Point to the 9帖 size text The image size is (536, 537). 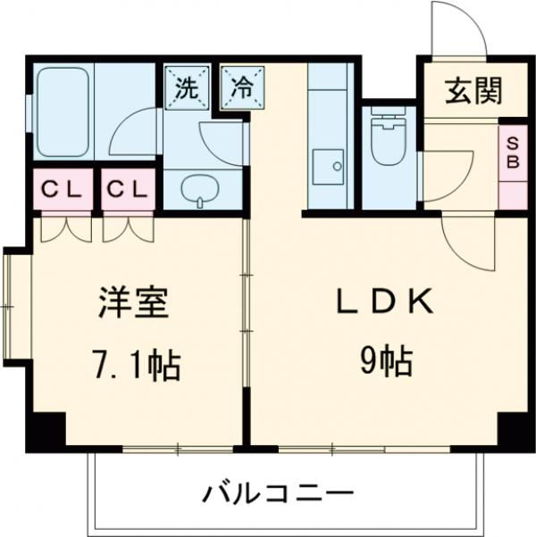(385, 362)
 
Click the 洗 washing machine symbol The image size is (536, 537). (186, 87)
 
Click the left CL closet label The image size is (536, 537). (63, 190)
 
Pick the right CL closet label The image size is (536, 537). (129, 190)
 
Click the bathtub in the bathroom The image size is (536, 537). (61, 112)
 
